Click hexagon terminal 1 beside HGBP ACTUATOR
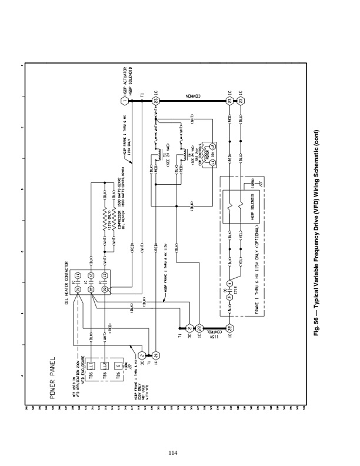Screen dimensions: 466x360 tap(124, 101)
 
